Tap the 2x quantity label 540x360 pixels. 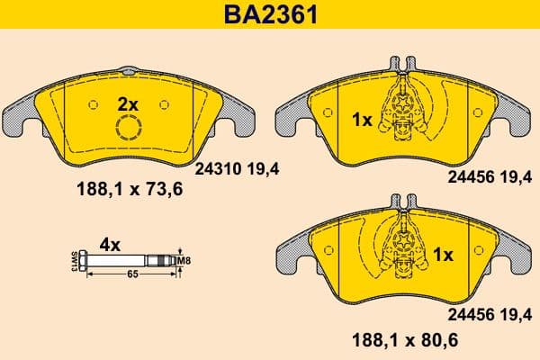pos(129,105)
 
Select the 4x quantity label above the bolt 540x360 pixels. pos(109,244)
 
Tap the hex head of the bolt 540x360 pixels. pos(83,262)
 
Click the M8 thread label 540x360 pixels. pos(186,262)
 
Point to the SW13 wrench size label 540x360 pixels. pos(73,262)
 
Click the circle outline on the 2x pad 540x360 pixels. pos(130,130)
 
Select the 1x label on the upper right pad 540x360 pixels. pos(361,118)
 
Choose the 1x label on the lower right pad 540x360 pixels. pos(442,256)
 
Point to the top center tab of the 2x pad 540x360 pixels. pos(130,71)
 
